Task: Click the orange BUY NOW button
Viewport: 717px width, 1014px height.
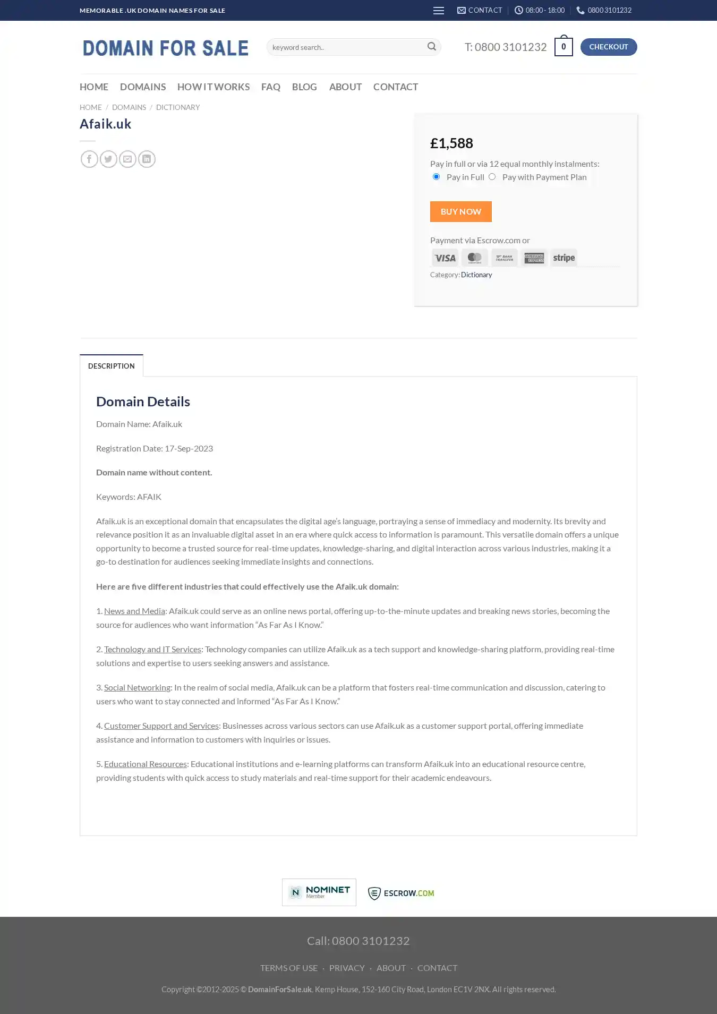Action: click(460, 211)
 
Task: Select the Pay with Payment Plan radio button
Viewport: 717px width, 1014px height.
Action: click(492, 177)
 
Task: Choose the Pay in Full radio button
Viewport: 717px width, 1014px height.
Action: click(436, 177)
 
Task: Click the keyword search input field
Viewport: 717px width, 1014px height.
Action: click(345, 47)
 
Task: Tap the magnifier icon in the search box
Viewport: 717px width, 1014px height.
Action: click(432, 47)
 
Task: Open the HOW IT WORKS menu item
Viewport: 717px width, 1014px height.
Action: click(213, 87)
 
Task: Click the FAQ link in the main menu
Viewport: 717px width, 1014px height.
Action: click(270, 87)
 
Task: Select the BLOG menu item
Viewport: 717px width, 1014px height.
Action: click(304, 87)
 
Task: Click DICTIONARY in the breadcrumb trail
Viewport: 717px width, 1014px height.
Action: click(178, 107)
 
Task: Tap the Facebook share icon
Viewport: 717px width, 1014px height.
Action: click(89, 159)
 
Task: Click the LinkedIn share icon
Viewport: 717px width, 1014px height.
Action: click(147, 159)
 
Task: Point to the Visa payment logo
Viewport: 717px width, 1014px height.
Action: click(445, 258)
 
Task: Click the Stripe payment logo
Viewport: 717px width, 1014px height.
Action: click(564, 258)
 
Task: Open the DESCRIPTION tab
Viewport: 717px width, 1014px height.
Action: click(111, 366)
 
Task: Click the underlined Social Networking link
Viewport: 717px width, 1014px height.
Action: click(137, 687)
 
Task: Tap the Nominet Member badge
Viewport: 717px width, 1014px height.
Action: click(319, 892)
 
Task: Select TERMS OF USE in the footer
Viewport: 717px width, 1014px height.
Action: click(288, 968)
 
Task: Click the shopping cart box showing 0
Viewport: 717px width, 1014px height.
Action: click(563, 47)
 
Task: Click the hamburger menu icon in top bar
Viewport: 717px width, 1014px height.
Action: click(438, 11)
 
